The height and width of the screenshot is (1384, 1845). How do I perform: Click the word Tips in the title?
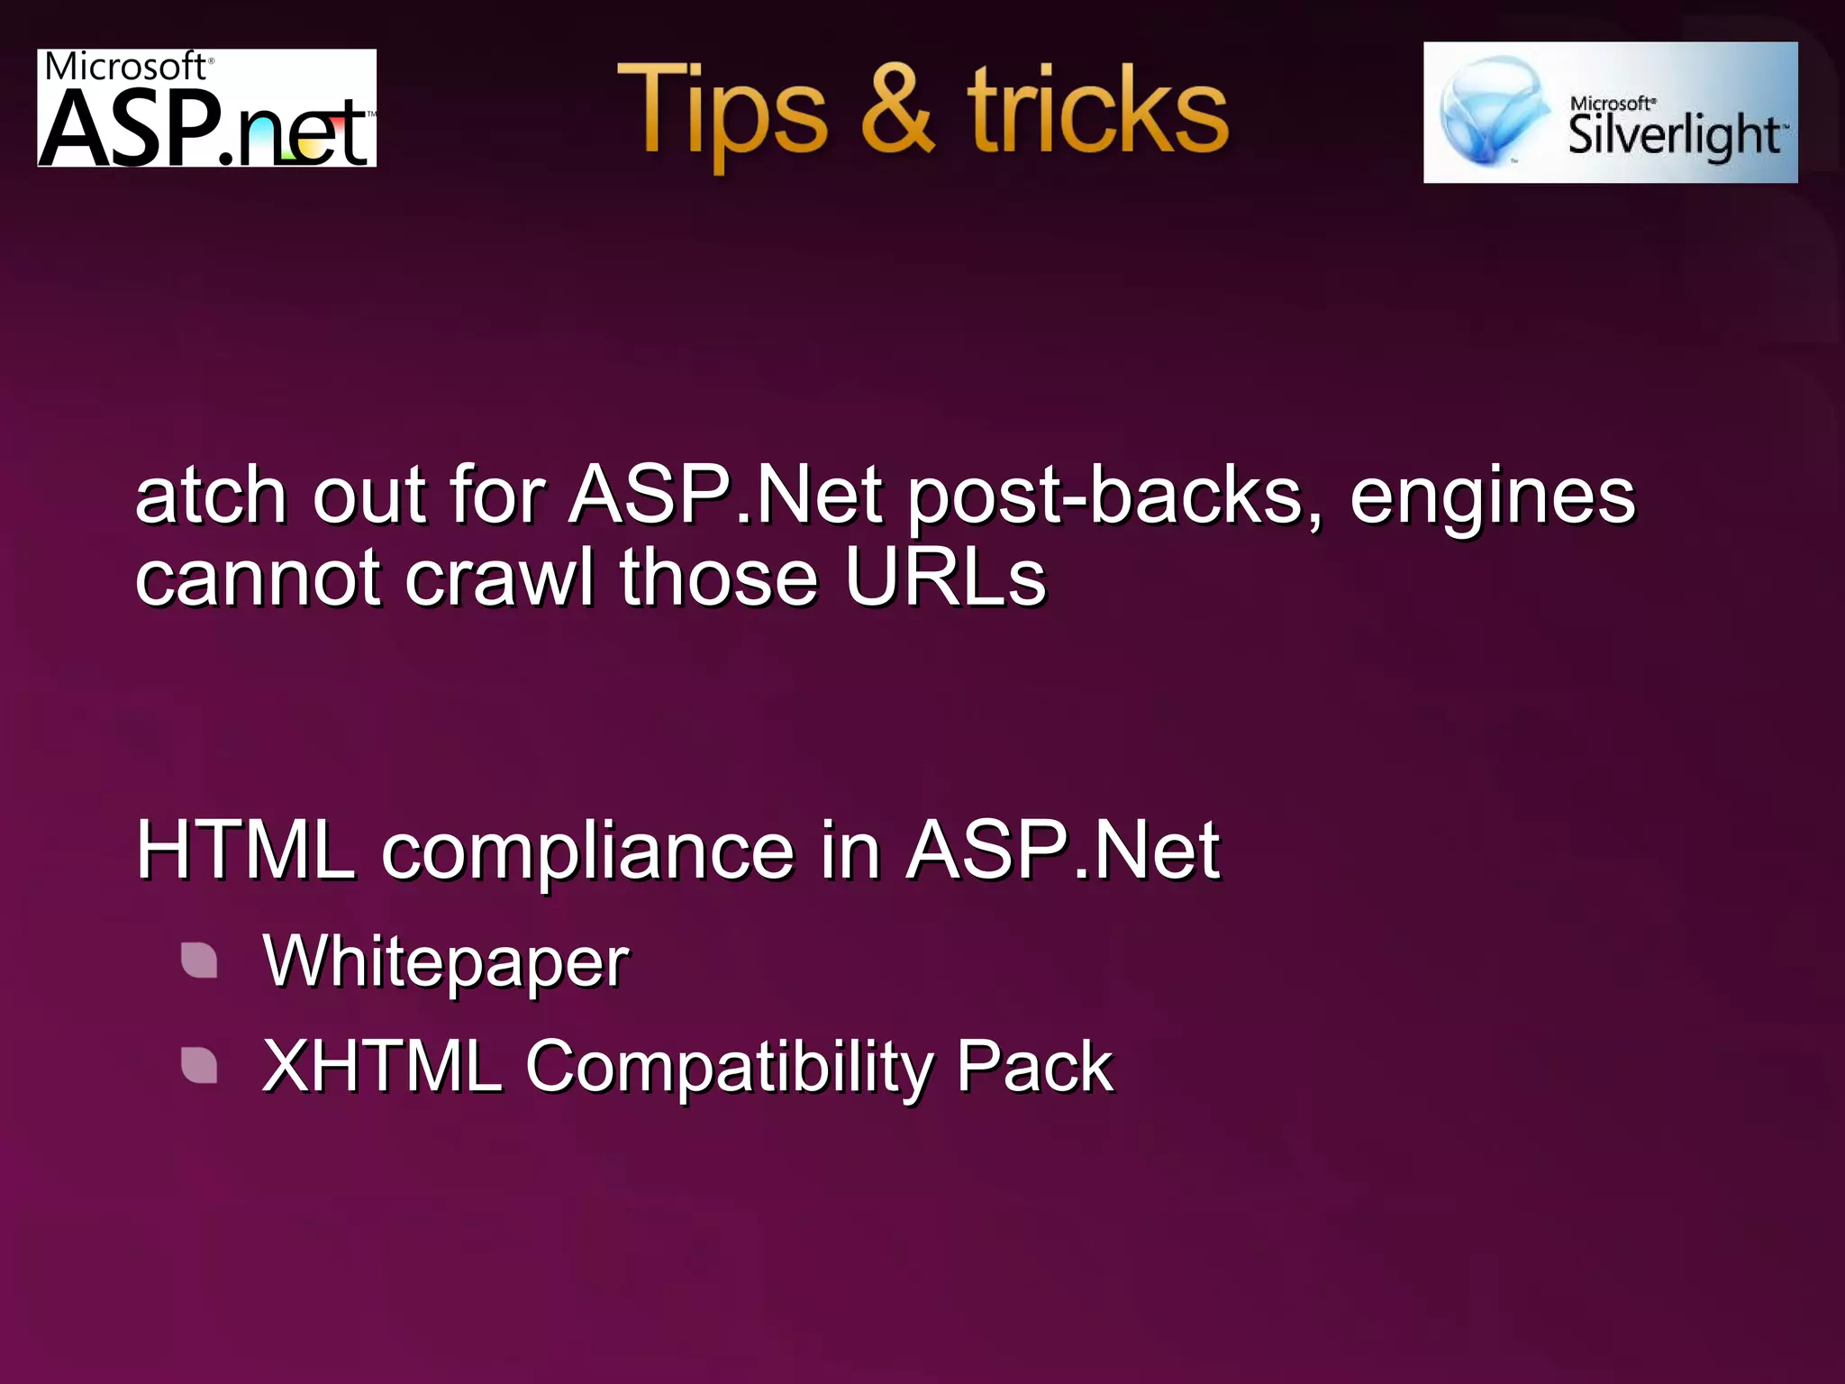point(721,113)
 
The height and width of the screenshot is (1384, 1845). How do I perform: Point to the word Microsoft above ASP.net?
point(126,67)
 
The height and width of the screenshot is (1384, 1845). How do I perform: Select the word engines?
point(1492,496)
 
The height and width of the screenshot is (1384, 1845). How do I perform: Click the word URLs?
point(945,578)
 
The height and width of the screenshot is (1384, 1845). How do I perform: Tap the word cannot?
point(258,578)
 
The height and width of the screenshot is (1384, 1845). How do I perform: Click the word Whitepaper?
point(445,962)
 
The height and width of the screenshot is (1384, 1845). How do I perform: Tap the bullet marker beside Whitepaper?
point(199,961)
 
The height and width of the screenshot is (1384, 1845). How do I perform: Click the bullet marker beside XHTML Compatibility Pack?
point(199,1065)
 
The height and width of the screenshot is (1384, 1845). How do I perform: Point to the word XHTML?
point(381,1067)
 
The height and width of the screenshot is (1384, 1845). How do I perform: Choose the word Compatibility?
point(730,1067)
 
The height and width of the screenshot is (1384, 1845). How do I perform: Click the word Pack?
point(1034,1067)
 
